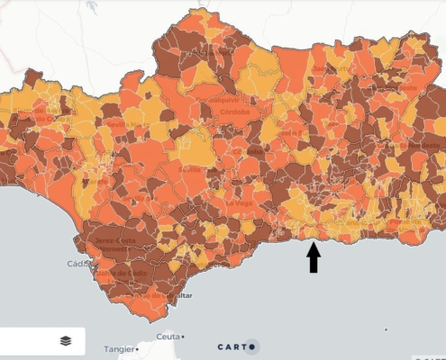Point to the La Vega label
(239, 203)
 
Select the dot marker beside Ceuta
(184, 337)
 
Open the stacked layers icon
(66, 341)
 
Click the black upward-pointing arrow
(314, 257)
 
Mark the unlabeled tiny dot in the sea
(387, 329)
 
